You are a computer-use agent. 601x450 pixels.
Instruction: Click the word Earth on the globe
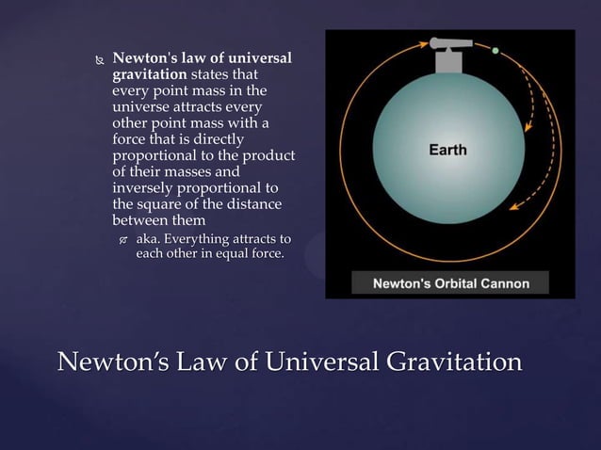447,150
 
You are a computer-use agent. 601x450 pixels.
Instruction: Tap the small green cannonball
495,50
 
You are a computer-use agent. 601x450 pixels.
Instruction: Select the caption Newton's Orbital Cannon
451,283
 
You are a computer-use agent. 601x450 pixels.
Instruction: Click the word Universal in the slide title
307,362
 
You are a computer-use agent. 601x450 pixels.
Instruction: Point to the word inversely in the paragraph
143,187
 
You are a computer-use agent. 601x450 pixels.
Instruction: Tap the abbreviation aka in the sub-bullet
147,238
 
